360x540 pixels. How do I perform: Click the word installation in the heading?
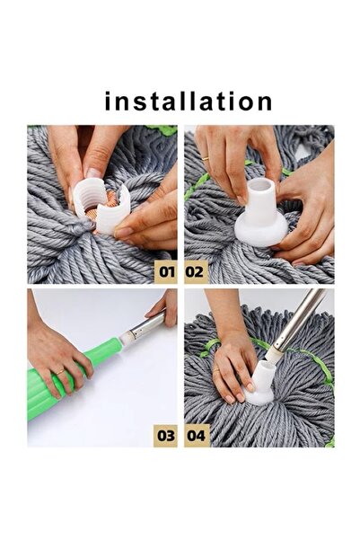pyautogui.click(x=189, y=101)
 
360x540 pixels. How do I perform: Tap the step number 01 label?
pyautogui.click(x=166, y=269)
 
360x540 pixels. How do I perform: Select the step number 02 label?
pyautogui.click(x=195, y=269)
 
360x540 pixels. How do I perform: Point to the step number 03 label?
pyautogui.click(x=166, y=435)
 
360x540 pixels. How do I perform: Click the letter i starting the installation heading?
pyautogui.click(x=109, y=101)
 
